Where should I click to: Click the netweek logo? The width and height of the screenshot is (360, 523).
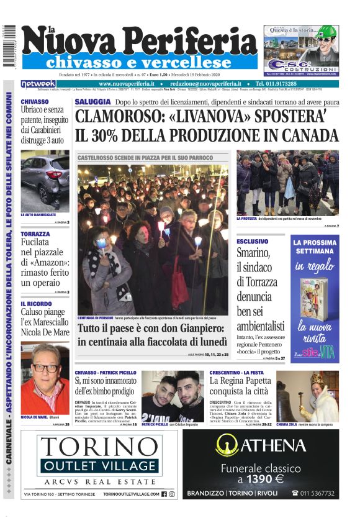coord(38,84)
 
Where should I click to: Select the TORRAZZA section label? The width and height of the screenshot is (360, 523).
coord(35,234)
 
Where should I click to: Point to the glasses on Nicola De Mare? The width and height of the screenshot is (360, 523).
coord(45,368)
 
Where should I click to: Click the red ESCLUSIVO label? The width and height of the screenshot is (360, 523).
coord(252,242)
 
